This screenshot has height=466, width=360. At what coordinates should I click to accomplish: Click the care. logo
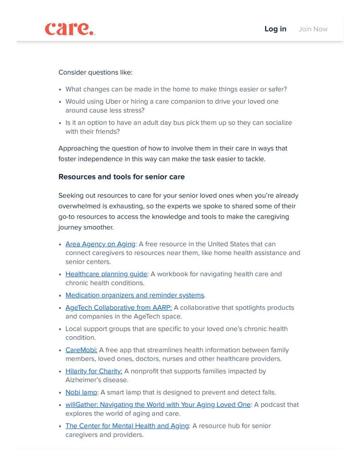(70, 29)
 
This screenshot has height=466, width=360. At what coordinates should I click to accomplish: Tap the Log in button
(275, 29)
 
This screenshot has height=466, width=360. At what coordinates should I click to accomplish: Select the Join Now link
(313, 29)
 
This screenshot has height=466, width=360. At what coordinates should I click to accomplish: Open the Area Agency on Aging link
(100, 244)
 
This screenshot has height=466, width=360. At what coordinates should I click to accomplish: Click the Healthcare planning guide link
(106, 274)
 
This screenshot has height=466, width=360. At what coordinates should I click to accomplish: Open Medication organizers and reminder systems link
(135, 295)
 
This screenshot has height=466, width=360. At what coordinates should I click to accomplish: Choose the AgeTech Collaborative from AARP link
(118, 308)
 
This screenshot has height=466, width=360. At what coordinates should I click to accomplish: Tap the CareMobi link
(81, 350)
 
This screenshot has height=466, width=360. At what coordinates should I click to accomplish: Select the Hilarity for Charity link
(94, 371)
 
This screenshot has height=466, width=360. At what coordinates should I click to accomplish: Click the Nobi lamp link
(81, 392)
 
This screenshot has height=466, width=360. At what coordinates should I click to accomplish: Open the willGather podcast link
(158, 405)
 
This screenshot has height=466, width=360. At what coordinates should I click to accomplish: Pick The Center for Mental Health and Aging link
(127, 426)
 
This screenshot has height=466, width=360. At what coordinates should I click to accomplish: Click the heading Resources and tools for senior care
(122, 177)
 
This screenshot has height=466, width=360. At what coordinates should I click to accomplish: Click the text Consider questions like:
(95, 72)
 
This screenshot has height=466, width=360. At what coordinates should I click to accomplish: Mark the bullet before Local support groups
(60, 329)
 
